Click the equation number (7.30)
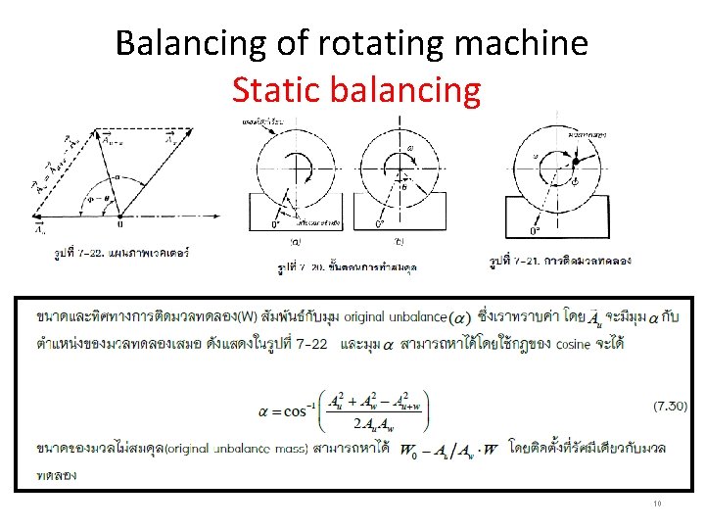671,405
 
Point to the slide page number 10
656,504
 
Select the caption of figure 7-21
558,261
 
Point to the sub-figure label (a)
294,237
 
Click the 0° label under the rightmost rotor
535,231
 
